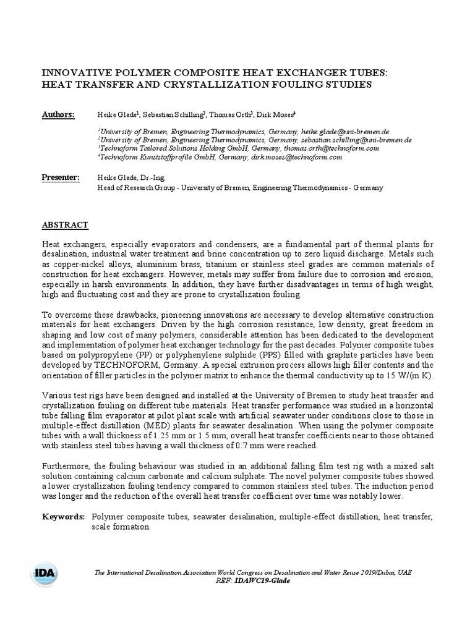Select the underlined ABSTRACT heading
65,225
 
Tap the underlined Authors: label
58,115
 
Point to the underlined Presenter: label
61,178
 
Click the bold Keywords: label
63,516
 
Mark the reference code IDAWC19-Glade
262,580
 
